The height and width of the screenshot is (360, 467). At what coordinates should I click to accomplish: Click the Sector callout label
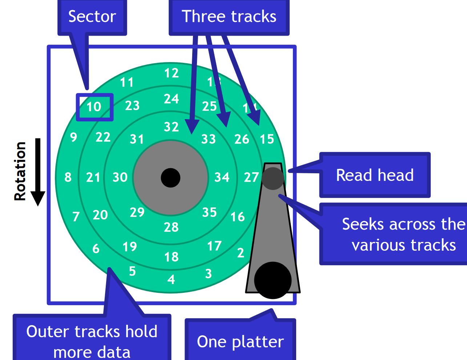(x=92, y=17)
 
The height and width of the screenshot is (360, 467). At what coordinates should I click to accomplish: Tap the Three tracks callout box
(x=229, y=17)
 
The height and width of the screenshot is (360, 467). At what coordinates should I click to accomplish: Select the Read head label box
(x=375, y=175)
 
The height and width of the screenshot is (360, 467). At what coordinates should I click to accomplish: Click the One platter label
(x=240, y=341)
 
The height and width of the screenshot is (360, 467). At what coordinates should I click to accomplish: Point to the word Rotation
(x=20, y=171)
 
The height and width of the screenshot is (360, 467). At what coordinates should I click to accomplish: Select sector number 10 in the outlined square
(x=94, y=107)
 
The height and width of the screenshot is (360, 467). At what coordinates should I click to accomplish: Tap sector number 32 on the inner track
(x=171, y=127)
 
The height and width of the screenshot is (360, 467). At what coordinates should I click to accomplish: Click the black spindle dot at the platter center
(x=170, y=178)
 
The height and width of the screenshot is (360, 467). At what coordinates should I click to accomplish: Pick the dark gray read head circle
(x=273, y=178)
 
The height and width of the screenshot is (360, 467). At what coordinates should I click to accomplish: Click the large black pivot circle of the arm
(x=273, y=280)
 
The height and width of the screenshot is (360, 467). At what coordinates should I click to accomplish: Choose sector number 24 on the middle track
(x=171, y=99)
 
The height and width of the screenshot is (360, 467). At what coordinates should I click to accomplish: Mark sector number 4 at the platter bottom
(x=171, y=280)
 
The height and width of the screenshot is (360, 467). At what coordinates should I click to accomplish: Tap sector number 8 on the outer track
(x=68, y=177)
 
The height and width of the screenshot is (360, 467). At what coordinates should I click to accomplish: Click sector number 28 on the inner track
(x=171, y=227)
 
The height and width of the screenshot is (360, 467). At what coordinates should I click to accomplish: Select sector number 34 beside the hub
(x=222, y=177)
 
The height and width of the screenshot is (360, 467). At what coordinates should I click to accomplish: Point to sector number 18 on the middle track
(x=171, y=257)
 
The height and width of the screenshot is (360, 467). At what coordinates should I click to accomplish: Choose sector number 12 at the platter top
(x=171, y=73)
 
